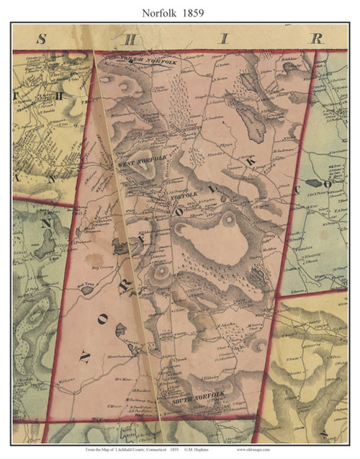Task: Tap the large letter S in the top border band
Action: pyautogui.click(x=41, y=39)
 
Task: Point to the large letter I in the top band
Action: pyautogui.click(x=225, y=39)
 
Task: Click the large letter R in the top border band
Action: pyautogui.click(x=315, y=39)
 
